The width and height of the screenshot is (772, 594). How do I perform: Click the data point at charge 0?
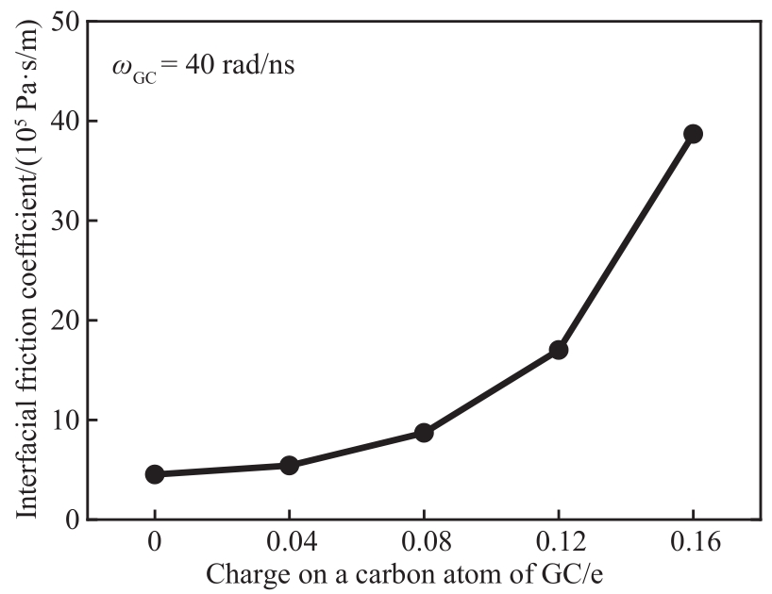point(154,474)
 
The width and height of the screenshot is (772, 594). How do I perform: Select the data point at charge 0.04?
point(289,465)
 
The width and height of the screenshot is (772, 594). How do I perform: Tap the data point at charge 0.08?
point(424,433)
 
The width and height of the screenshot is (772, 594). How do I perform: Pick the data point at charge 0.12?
point(558,350)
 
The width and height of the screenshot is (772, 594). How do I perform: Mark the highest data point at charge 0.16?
point(693,134)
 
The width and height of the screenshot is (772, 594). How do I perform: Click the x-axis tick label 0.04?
point(289,544)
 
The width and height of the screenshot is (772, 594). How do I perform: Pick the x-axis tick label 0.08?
point(424,544)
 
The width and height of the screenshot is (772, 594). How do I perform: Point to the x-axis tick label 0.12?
point(558,544)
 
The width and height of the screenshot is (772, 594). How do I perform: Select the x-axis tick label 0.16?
point(693,544)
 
